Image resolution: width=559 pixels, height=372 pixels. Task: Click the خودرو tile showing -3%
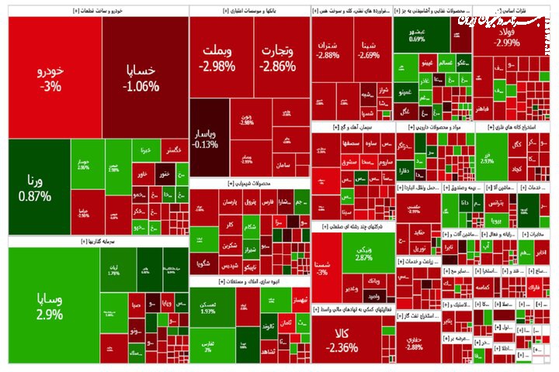pos(53,78)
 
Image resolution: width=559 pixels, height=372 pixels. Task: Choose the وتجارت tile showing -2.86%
pos(275,58)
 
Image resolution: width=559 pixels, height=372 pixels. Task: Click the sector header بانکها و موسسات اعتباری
pos(249,11)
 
